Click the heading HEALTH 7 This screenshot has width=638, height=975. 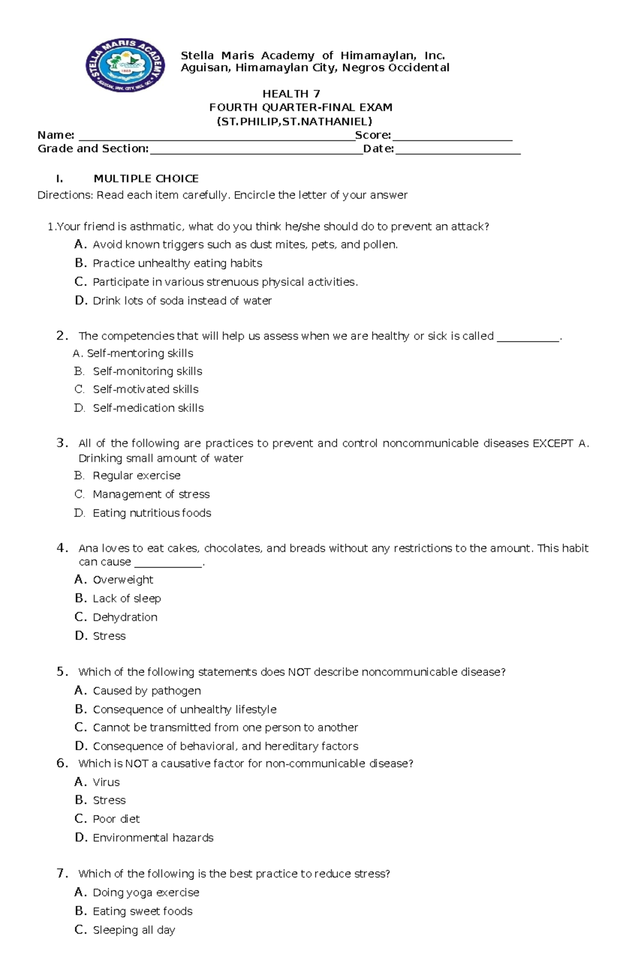(x=291, y=94)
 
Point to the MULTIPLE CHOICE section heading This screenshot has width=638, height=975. (x=146, y=179)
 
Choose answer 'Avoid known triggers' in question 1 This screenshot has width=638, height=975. (x=245, y=244)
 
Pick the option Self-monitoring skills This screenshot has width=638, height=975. (x=147, y=371)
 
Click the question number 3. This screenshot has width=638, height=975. (x=62, y=443)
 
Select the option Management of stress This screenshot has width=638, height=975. (x=151, y=494)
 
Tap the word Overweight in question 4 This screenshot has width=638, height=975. (x=123, y=580)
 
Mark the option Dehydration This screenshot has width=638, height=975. (x=125, y=617)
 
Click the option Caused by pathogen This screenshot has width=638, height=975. (x=147, y=691)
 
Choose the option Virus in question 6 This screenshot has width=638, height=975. (x=106, y=782)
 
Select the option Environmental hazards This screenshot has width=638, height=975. (x=153, y=838)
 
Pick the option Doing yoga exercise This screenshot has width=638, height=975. (x=146, y=893)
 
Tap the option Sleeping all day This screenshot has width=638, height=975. (x=134, y=930)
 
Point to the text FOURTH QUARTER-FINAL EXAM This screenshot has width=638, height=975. (x=301, y=107)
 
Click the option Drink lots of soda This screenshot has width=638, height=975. (x=182, y=301)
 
